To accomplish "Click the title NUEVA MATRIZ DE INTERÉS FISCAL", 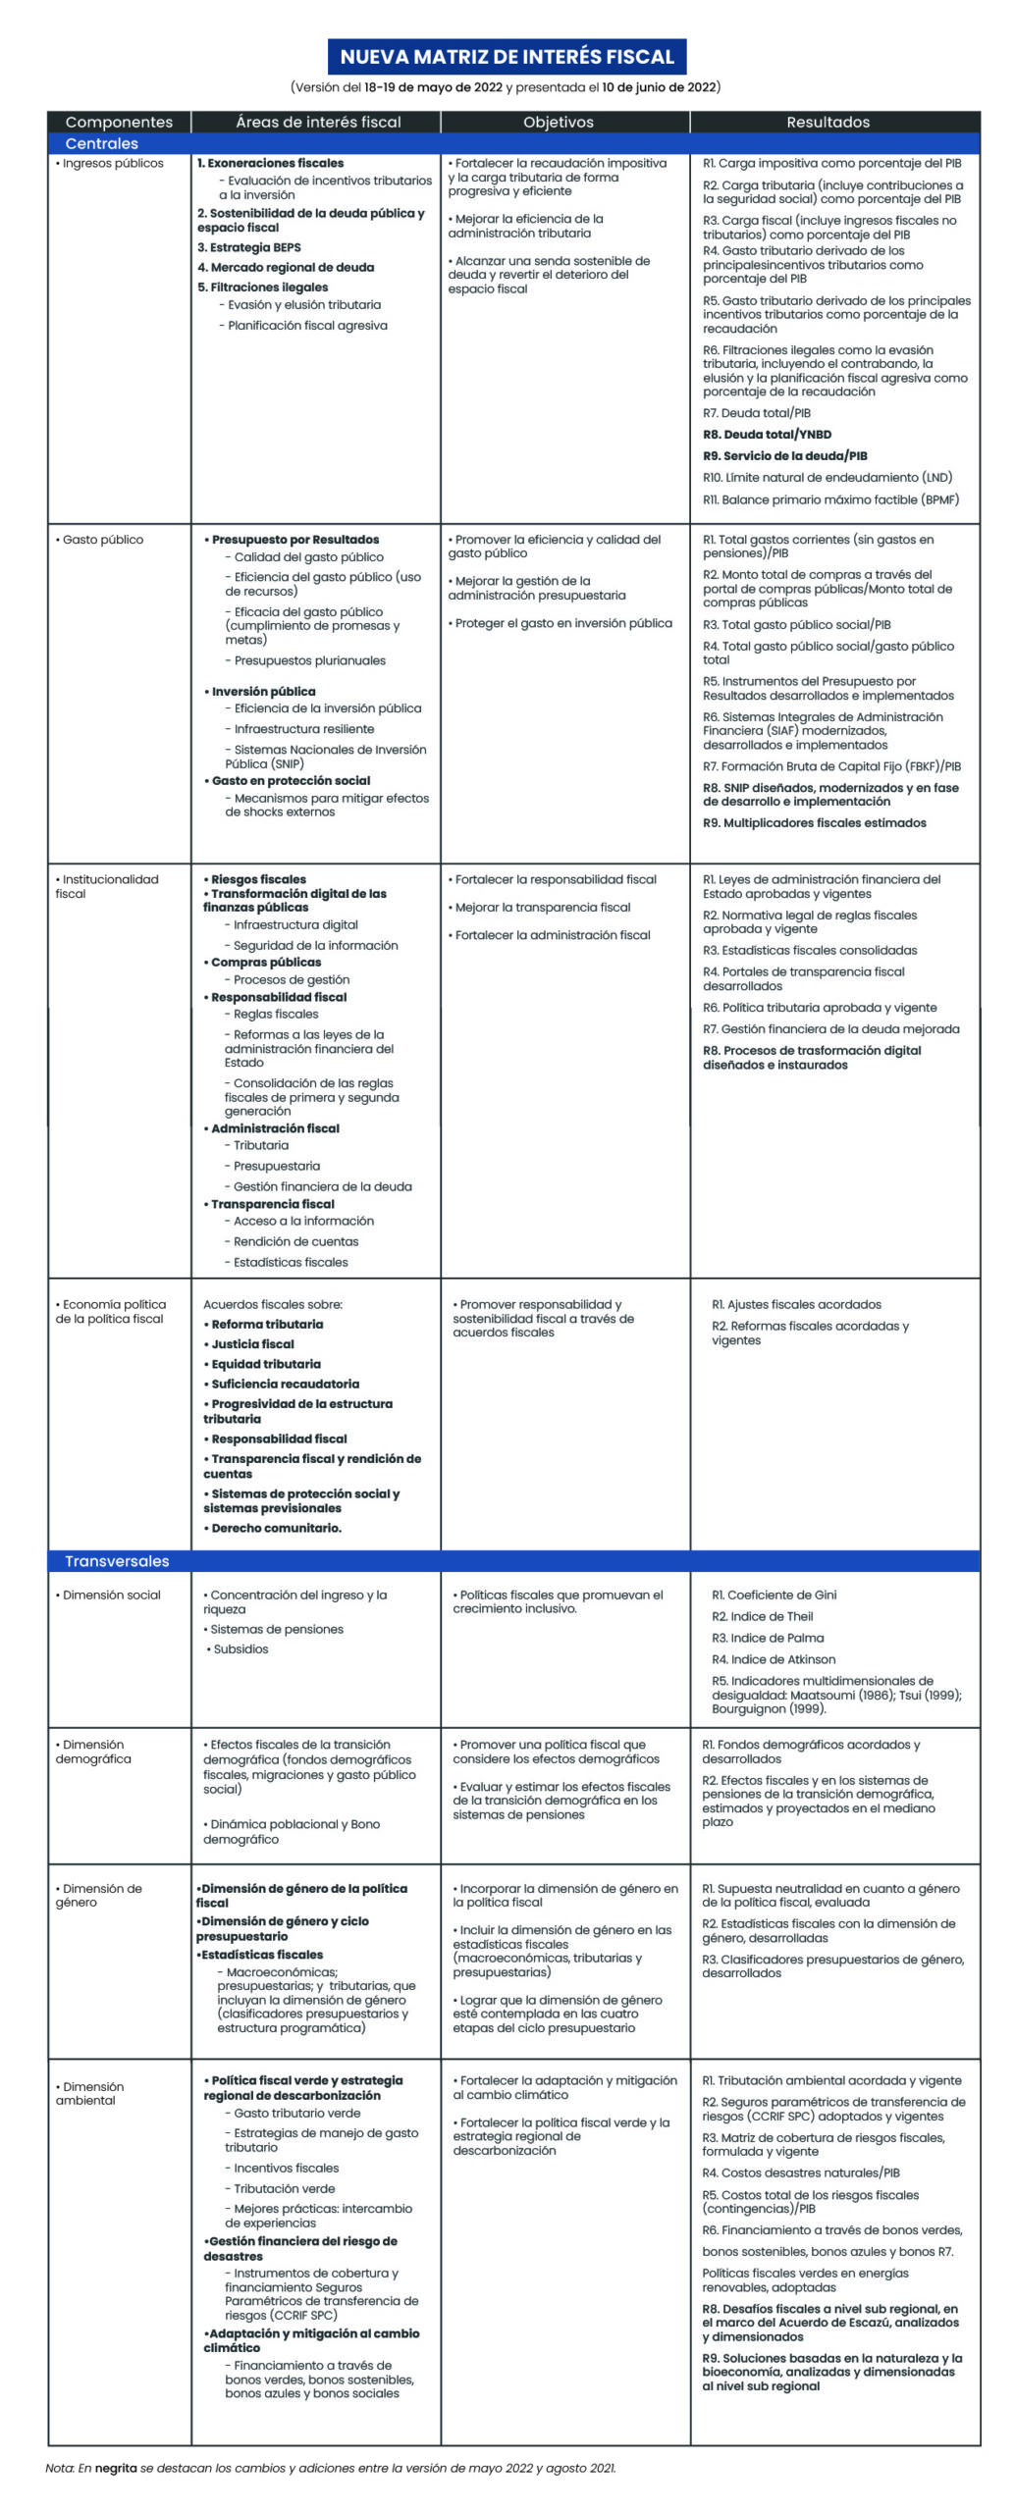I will point(507,57).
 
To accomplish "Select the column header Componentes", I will point(119,122).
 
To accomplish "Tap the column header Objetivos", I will point(558,122).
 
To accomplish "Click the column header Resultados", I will point(828,122).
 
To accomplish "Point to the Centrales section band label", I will point(101,143).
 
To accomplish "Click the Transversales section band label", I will point(117,1561).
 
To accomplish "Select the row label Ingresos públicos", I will point(113,163).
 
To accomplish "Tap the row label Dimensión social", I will point(111,1595).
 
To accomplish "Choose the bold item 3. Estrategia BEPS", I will point(249,247).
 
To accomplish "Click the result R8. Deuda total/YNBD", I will point(767,435).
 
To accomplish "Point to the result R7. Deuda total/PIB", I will point(756,413).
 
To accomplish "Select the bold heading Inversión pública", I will point(263,692).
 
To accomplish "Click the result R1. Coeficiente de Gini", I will point(774,1595).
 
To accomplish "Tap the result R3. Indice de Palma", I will point(768,1638).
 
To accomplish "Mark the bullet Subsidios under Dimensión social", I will point(240,1648).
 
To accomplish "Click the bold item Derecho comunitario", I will point(276,1528).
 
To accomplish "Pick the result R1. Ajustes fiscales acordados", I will point(796,1304).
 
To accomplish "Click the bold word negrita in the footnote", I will point(115,2468).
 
